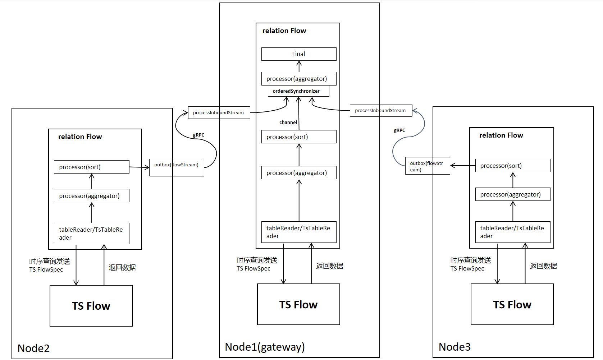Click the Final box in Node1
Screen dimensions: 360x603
pyautogui.click(x=299, y=54)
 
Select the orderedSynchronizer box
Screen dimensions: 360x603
pyautogui.click(x=298, y=91)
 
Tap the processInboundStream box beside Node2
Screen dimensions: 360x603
pyautogui.click(x=219, y=112)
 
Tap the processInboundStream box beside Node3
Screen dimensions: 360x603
pyautogui.click(x=381, y=110)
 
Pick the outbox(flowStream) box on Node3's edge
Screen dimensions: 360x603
pyautogui.click(x=427, y=166)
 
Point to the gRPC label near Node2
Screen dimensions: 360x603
pyautogui.click(x=198, y=135)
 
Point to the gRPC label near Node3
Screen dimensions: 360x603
pyautogui.click(x=399, y=130)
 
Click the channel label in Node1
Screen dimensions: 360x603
pyautogui.click(x=288, y=123)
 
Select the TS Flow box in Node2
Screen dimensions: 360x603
pyautogui.click(x=91, y=306)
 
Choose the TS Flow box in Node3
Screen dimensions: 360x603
pyautogui.click(x=512, y=304)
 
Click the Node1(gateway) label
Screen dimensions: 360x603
pyautogui.click(x=265, y=347)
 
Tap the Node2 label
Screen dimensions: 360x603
pyautogui.click(x=33, y=348)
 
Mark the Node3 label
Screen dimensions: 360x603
pyautogui.click(x=454, y=347)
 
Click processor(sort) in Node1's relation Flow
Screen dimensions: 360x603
pyautogui.click(x=299, y=137)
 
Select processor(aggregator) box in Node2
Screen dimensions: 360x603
pyautogui.click(x=91, y=196)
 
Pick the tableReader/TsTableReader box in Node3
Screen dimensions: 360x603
pyautogui.click(x=512, y=232)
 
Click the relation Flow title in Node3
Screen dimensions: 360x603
pyautogui.click(x=501, y=135)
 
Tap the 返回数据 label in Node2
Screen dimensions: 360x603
pyautogui.click(x=122, y=267)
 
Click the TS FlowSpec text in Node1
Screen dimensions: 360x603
pyautogui.click(x=253, y=268)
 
